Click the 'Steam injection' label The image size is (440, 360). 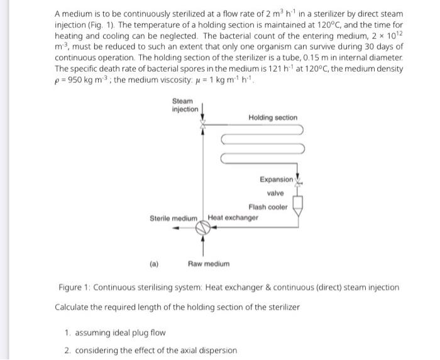click(184, 105)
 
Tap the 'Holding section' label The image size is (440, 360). click(273, 117)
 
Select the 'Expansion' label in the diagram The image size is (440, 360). click(276, 180)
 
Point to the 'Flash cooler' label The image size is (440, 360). click(268, 207)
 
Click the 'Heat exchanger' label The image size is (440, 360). click(233, 217)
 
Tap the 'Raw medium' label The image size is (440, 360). click(209, 264)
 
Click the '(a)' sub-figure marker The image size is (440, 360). click(154, 264)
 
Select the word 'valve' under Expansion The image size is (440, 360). click(275, 193)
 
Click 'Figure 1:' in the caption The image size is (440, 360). click(75, 287)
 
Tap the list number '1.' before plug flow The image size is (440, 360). click(68, 331)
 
